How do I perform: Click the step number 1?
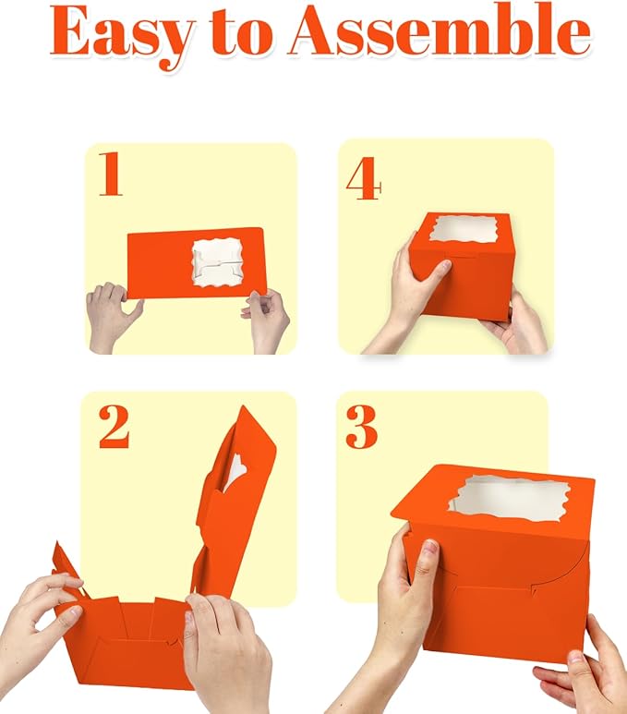pyautogui.click(x=111, y=175)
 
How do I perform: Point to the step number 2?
pyautogui.click(x=114, y=427)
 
